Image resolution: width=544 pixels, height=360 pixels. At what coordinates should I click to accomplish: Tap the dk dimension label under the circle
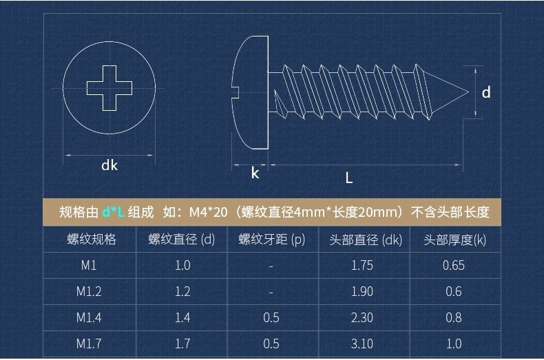pos(109,165)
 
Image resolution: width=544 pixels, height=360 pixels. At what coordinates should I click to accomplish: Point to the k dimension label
pos(255,173)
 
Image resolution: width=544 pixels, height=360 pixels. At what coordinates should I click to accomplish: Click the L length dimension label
pos(349,178)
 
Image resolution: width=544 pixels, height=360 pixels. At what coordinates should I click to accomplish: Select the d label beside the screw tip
pos(486,92)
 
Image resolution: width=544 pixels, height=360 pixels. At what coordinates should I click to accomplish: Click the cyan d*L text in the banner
pos(113,212)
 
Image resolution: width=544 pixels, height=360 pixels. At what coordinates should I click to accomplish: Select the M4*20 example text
pos(208,212)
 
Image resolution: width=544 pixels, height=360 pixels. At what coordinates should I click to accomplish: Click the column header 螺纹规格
pos(92,240)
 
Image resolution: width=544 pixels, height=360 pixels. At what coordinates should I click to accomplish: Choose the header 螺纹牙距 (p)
pos(271,240)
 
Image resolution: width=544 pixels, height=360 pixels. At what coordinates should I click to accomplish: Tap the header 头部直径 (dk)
pos(366,240)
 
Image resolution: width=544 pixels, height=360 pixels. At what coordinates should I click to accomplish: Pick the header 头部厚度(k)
pos(454,240)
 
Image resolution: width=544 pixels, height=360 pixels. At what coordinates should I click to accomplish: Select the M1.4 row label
pos(89,317)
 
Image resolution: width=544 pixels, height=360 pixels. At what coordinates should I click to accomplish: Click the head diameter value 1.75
pos(362,266)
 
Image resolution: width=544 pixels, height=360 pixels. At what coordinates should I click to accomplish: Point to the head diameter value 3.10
pos(362,343)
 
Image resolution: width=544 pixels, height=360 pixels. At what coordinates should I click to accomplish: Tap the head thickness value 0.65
pos(454,266)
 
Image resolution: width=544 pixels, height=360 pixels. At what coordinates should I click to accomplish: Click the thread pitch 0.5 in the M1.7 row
pos(271,343)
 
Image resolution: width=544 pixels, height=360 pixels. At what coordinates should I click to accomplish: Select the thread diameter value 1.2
pos(182,292)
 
